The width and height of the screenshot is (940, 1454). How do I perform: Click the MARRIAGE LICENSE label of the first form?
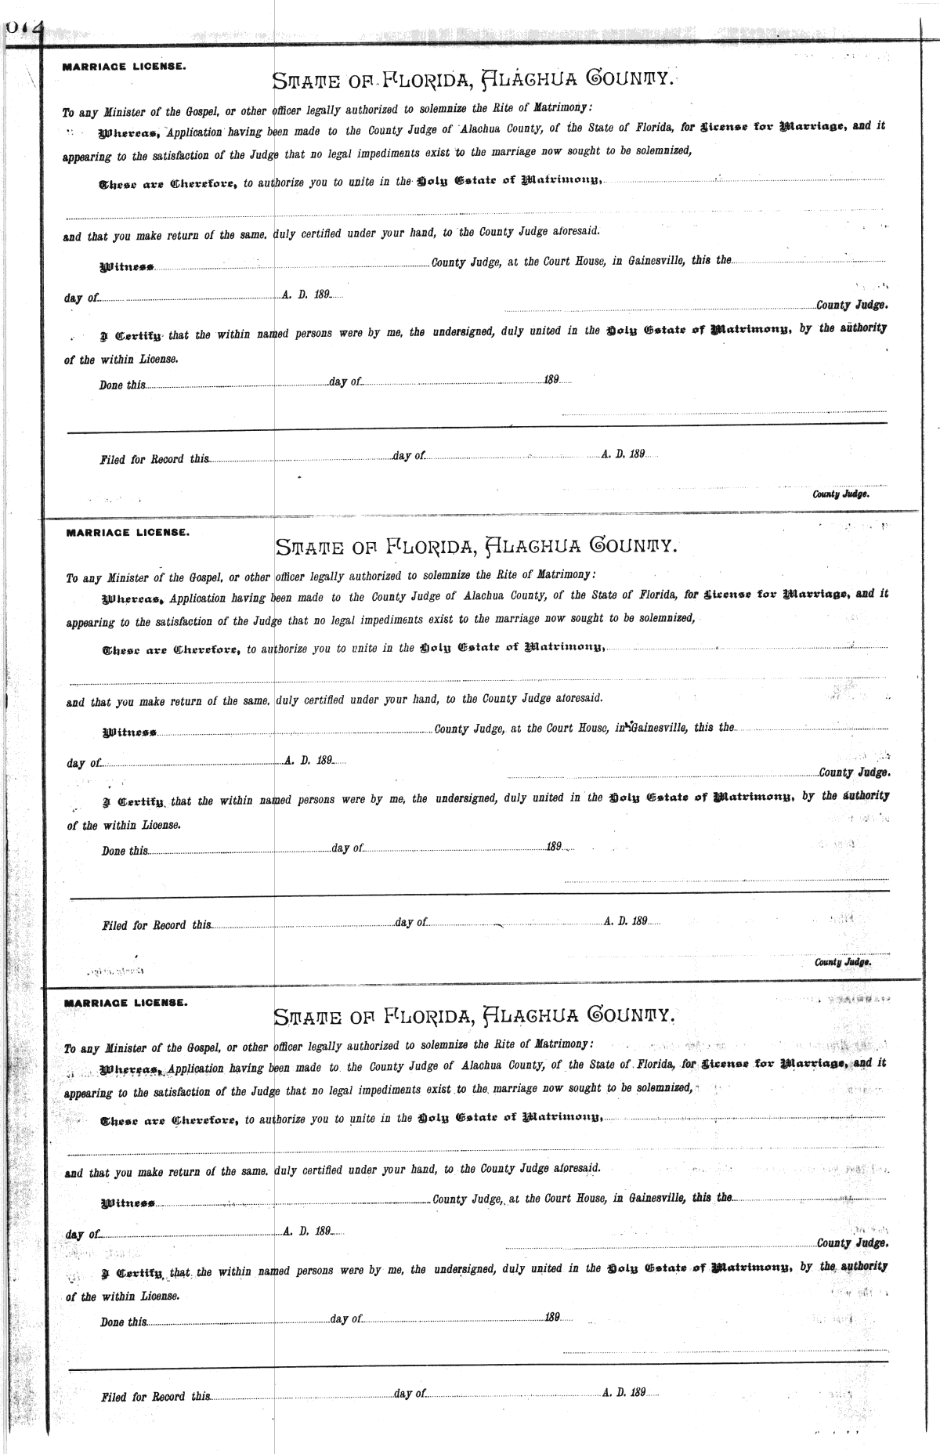coord(124,67)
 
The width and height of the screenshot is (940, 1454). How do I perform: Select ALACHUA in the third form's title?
coord(529,1016)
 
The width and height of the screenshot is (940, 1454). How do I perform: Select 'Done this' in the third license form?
coord(123,1322)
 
